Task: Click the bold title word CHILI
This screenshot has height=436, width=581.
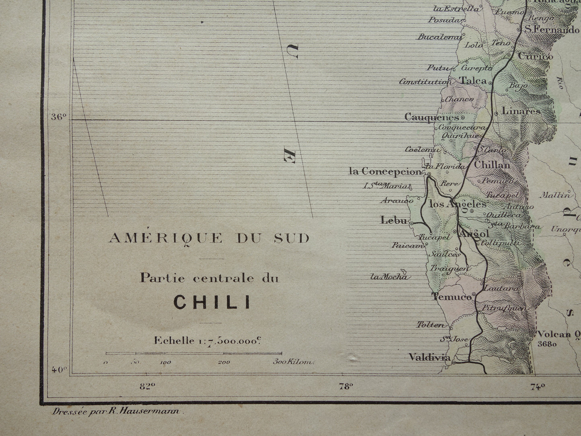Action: coord(212,302)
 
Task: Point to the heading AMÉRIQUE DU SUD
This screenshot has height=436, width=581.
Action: coord(209,238)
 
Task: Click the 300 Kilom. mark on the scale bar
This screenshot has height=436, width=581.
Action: coord(293,362)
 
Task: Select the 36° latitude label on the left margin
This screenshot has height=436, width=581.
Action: coord(58,117)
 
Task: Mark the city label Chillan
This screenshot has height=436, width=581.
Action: coord(492,165)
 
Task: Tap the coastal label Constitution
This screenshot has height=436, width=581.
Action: coord(423,82)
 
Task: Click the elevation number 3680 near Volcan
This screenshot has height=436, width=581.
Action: coord(546,344)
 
